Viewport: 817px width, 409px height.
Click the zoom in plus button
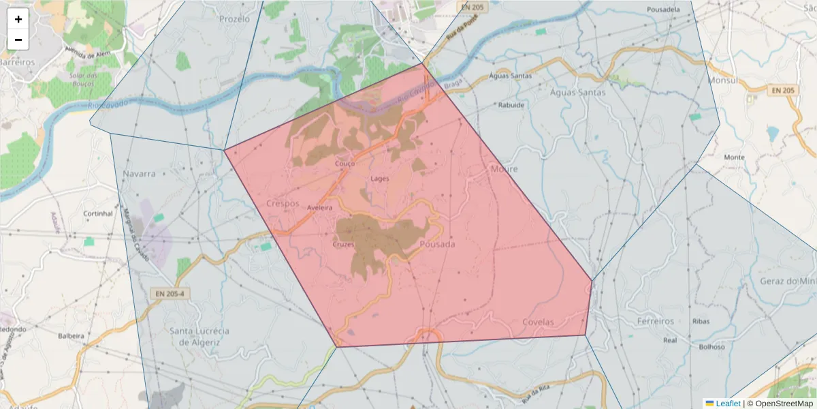[x=18, y=19]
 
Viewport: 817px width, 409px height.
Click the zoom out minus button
[x=18, y=40]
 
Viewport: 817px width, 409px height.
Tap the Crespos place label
[x=283, y=203]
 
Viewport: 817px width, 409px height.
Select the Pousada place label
[x=437, y=244]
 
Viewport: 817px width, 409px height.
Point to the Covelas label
[x=538, y=322]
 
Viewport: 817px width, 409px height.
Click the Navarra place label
[x=140, y=174]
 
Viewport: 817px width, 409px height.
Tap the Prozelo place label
[x=235, y=19]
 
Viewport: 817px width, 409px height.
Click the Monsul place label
[x=724, y=80]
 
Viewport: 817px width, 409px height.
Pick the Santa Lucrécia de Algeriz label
[x=199, y=336]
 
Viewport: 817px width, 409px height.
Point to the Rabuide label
[x=511, y=105]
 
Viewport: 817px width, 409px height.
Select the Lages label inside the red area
[x=379, y=179]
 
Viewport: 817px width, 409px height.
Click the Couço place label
[x=345, y=164]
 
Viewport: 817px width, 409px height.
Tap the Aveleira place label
[x=319, y=207]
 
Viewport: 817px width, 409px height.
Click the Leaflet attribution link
[x=727, y=404]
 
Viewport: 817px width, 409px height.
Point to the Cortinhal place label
[x=97, y=213]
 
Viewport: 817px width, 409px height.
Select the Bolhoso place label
[x=712, y=346]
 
